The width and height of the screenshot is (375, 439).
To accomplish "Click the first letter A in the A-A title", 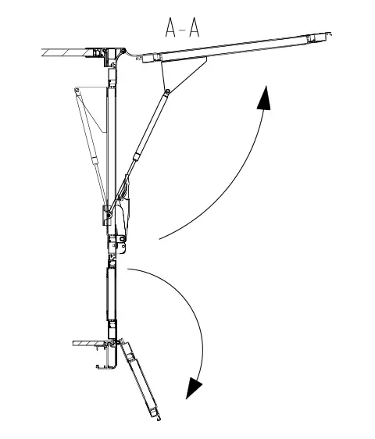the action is (170, 27).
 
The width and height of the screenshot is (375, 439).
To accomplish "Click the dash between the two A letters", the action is (183, 29).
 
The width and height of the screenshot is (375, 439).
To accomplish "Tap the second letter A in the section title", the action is (194, 27).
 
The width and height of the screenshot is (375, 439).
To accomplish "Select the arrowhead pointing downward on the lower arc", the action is (193, 387).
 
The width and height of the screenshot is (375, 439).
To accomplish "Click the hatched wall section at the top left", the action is (64, 52).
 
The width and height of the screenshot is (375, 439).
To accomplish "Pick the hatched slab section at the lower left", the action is (89, 343).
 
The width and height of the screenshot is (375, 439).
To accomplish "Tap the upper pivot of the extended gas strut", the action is (167, 91).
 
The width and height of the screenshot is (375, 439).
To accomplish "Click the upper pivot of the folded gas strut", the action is (77, 90).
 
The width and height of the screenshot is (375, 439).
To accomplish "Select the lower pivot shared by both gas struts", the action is (109, 216).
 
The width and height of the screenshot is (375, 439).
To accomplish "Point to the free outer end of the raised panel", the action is (330, 34).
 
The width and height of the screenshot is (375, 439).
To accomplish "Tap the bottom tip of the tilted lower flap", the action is (159, 419).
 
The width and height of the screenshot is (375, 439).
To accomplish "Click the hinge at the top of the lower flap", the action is (121, 341).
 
